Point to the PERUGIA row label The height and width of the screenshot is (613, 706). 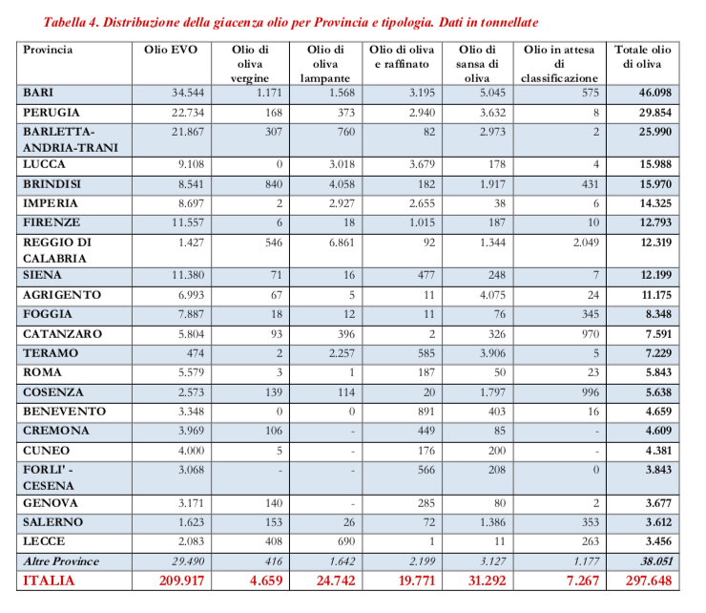(52, 112)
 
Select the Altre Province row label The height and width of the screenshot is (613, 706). (61, 560)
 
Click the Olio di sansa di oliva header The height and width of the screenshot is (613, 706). (477, 63)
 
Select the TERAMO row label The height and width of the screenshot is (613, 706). (51, 353)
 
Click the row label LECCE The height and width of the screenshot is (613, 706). (44, 541)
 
